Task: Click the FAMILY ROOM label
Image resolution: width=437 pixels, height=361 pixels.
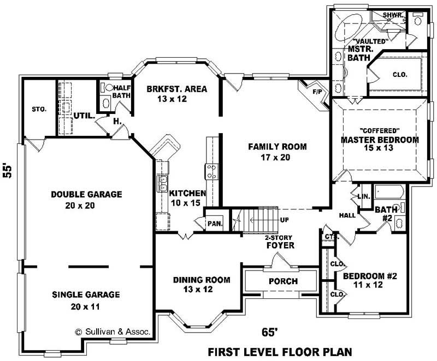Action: click(277, 147)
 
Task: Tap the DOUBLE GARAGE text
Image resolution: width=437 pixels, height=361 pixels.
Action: click(86, 194)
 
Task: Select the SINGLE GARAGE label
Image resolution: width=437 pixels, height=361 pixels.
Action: click(86, 295)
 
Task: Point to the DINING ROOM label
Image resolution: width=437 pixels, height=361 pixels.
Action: click(202, 280)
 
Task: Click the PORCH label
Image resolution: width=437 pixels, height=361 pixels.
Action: click(283, 281)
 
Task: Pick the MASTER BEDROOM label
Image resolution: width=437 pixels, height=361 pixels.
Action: click(380, 140)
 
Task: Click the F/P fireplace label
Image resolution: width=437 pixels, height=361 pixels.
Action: click(317, 91)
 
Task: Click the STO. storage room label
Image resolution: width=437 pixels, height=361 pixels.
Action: click(39, 109)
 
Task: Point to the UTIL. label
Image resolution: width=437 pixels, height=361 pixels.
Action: click(85, 116)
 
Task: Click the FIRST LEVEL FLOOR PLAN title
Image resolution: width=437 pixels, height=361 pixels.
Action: click(279, 351)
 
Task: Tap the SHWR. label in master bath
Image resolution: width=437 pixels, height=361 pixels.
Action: click(392, 15)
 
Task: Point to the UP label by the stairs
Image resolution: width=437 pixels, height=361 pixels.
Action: click(284, 220)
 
